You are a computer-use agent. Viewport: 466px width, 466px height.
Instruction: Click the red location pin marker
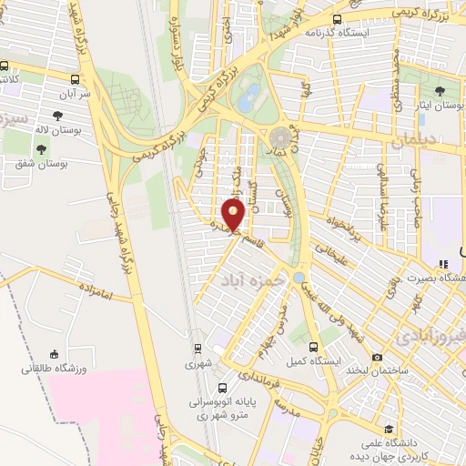[x=234, y=216]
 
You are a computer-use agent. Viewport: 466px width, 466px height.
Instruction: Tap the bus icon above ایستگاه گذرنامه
[x=338, y=18]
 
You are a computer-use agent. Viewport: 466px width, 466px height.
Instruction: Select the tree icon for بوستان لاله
[x=58, y=116]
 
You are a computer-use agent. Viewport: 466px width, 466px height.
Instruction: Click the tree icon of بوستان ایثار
[x=441, y=91]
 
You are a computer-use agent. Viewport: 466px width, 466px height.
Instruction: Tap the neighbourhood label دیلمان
[x=416, y=142]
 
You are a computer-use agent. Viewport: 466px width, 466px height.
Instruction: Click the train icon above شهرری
[x=198, y=348]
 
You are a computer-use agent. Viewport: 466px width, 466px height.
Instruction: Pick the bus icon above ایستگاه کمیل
[x=314, y=347]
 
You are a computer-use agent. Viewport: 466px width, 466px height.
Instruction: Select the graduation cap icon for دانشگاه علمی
[x=389, y=429]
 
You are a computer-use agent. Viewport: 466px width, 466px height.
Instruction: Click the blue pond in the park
[x=246, y=101]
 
